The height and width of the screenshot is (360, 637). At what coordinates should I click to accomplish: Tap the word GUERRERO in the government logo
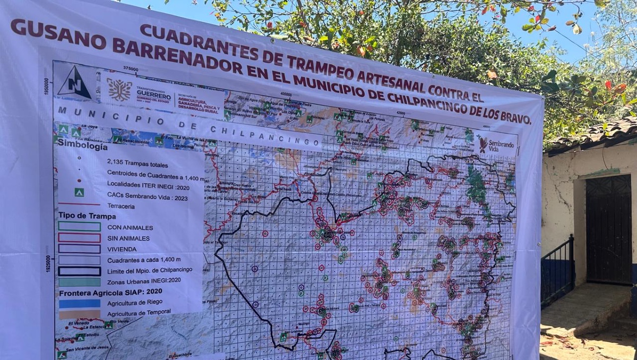point(153,92)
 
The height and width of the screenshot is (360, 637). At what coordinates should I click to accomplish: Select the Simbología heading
point(83,144)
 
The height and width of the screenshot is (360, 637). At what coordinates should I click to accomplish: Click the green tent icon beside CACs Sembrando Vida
point(79,192)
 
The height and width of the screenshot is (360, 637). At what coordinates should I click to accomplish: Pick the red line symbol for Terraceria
point(79,203)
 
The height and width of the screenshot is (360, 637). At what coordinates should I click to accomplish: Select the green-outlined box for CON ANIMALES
point(79,226)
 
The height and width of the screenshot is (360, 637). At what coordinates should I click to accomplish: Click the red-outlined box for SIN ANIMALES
point(79,237)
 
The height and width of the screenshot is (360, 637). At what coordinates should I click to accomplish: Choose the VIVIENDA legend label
point(122,249)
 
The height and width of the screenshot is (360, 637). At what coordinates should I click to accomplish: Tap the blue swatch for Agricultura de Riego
point(80,303)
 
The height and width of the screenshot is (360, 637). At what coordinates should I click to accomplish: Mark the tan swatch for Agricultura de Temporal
point(80,314)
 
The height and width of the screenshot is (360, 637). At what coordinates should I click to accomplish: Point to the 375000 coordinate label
point(130,69)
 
